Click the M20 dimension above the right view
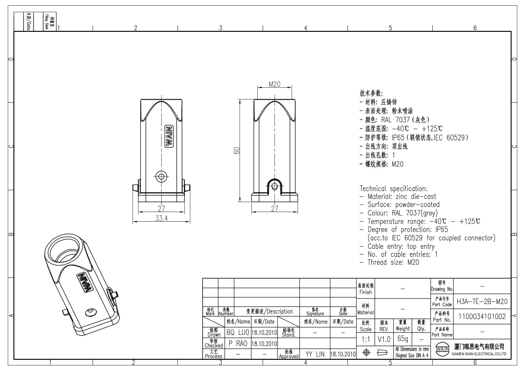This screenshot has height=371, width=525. pos(275,84)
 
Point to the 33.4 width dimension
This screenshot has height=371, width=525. pos(162,218)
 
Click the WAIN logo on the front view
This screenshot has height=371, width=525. pos(169,136)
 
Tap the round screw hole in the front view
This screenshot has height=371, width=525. pos(162,176)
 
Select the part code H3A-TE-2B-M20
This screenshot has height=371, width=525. pos(482,301)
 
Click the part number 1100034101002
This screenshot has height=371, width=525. pos(482,316)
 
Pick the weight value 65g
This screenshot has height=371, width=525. pos(403,339)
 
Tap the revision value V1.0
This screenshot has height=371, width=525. pos(384,339)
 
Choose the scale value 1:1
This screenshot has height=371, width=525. pos(366,339)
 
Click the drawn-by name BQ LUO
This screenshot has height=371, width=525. pos(238,332)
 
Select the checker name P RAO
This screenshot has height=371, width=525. pos(238,343)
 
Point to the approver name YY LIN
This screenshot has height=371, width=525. pos(315,354)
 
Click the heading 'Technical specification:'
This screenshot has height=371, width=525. pos(393,189)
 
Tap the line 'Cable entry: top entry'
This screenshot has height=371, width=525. pos(401,246)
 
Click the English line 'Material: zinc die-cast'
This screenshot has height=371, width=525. pos(402,196)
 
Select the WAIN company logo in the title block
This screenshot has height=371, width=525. pos(442,349)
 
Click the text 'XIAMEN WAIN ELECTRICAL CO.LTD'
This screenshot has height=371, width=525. pos(479,354)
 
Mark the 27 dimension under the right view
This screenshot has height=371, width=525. pos(275,209)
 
